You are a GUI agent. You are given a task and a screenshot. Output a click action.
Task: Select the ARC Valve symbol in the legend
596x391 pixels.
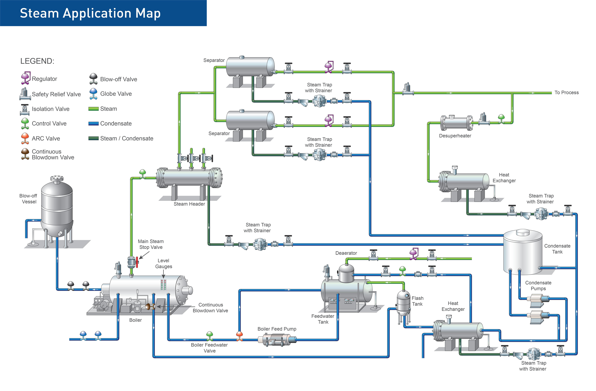click(x=25, y=138)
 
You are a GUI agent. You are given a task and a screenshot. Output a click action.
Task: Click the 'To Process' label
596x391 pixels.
click(x=566, y=93)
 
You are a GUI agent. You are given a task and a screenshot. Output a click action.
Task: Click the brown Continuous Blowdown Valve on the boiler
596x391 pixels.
click(x=148, y=306)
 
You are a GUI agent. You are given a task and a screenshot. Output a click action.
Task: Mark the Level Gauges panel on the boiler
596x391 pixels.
click(x=163, y=285)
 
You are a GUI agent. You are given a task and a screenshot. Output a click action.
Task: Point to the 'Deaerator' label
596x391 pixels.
click(x=346, y=253)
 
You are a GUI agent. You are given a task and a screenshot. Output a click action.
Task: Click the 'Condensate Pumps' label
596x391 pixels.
click(x=538, y=286)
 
